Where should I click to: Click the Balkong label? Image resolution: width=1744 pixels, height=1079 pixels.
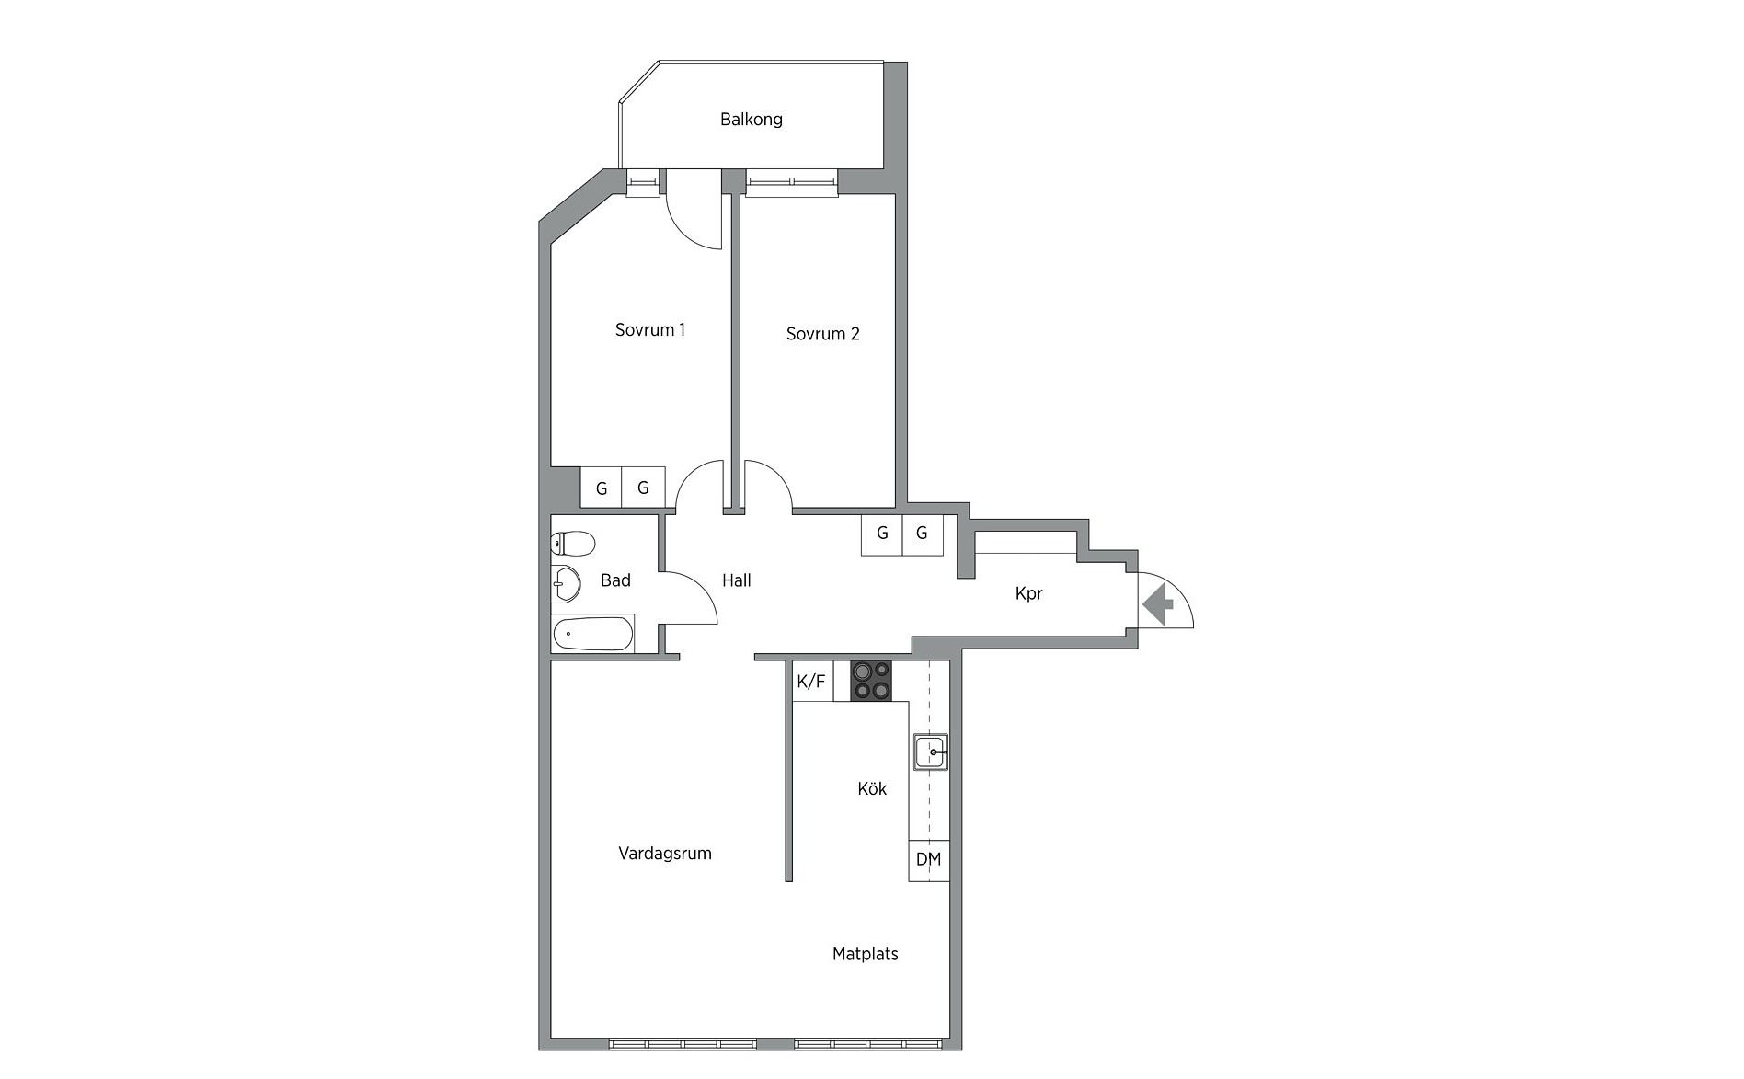pyautogui.click(x=752, y=120)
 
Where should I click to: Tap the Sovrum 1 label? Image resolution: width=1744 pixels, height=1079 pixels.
pyautogui.click(x=650, y=329)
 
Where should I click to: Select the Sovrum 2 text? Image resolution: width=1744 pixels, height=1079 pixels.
pyautogui.click(x=822, y=334)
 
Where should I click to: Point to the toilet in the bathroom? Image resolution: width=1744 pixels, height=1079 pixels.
pyautogui.click(x=572, y=544)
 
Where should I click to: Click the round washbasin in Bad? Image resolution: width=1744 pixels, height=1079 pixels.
pyautogui.click(x=565, y=583)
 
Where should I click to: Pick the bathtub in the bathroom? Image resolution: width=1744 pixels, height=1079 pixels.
pyautogui.click(x=593, y=634)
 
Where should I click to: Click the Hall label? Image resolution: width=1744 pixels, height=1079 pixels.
pyautogui.click(x=737, y=580)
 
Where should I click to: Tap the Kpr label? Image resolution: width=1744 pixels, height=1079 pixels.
pyautogui.click(x=1029, y=594)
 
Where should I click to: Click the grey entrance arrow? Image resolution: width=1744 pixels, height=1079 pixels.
pyautogui.click(x=1158, y=605)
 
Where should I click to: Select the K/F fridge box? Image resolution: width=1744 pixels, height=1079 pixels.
pyautogui.click(x=812, y=682)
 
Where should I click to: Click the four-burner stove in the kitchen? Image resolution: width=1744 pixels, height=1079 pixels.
pyautogui.click(x=871, y=682)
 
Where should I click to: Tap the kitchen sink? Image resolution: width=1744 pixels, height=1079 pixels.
pyautogui.click(x=931, y=752)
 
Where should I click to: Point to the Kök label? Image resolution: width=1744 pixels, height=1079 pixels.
pyautogui.click(x=872, y=789)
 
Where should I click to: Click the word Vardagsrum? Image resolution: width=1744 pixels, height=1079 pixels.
pyautogui.click(x=665, y=854)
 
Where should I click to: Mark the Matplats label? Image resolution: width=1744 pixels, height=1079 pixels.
pyautogui.click(x=866, y=955)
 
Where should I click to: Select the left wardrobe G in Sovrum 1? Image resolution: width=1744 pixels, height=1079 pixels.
pyautogui.click(x=602, y=488)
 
